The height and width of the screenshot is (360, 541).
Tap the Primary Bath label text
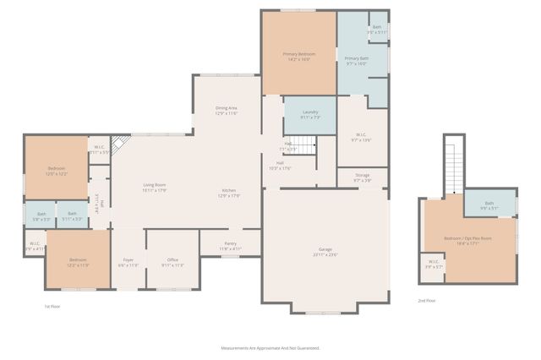(356, 60)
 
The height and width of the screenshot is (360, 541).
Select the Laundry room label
(309, 114)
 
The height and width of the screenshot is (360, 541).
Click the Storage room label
(362, 177)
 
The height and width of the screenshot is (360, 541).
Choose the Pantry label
(230, 246)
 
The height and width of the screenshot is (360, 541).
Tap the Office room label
(172, 262)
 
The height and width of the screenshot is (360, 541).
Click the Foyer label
(128, 262)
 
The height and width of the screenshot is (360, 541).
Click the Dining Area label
(226, 110)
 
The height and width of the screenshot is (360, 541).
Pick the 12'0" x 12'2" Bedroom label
(56, 172)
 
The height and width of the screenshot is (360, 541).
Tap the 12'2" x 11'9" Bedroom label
(78, 262)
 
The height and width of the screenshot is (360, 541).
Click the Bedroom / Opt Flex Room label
(467, 240)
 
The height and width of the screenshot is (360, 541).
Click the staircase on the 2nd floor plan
(455, 165)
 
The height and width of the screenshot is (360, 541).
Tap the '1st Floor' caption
(52, 306)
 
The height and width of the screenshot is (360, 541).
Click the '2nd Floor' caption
(427, 301)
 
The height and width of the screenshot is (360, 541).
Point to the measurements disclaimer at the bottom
(270, 347)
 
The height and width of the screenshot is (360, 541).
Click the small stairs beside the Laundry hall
(304, 148)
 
